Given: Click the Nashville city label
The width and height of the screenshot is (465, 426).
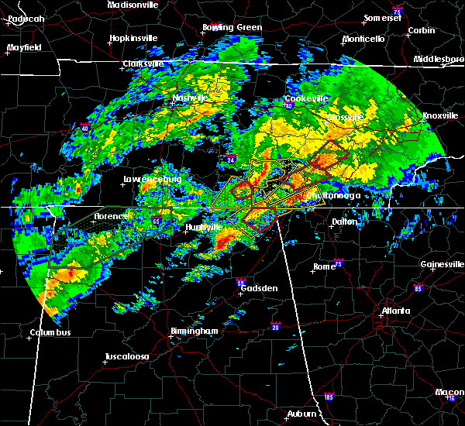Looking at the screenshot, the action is tap(189, 98).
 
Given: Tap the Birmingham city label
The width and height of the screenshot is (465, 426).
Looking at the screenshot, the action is tap(194, 331).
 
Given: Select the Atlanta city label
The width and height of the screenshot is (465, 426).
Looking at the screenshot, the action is tap(395, 311).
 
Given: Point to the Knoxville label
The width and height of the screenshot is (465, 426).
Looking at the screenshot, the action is tap(434, 116).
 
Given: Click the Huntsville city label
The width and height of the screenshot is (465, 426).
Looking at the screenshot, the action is tap(202, 227).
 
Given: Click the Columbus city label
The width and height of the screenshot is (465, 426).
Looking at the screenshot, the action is tap(51, 333).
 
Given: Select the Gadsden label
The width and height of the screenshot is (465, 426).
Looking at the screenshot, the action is tap(258, 288).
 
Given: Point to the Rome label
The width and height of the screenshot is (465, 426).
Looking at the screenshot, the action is tap(323, 266).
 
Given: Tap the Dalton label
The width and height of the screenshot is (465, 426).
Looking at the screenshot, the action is tap(345, 222).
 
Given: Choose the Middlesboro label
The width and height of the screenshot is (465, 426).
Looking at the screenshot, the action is tap(439, 59).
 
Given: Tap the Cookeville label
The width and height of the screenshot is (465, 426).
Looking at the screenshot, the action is tap(306, 99).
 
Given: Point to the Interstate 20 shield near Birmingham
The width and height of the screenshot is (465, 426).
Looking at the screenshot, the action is tap(276, 327).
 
